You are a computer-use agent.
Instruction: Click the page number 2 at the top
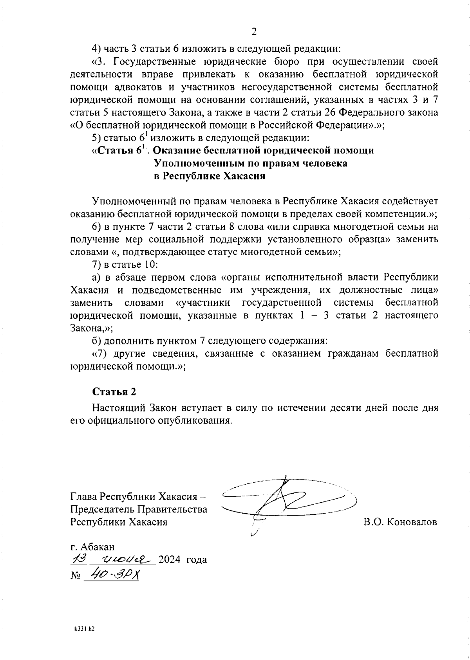tap(254, 32)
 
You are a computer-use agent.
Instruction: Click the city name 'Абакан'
tap(98, 546)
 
